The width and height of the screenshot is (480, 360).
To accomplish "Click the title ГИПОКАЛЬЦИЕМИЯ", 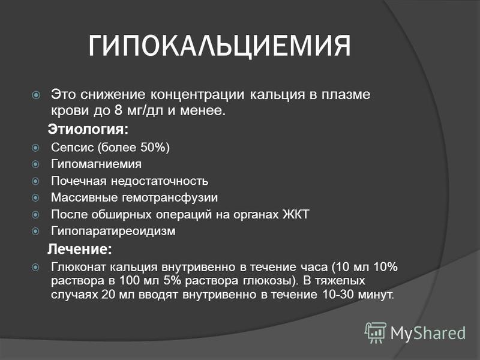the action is click(220, 46).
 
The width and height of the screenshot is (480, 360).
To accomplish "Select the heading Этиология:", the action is click(88, 130).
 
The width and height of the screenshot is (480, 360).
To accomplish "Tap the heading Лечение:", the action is click(80, 249).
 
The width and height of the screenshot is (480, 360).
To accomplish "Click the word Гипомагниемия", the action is click(96, 164).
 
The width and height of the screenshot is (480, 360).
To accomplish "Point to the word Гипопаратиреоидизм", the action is click(113, 231).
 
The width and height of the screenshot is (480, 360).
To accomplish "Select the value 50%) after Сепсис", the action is click(155, 148).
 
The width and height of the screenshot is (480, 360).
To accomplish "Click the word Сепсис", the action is click(72, 148).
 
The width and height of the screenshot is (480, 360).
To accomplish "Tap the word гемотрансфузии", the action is click(170, 198).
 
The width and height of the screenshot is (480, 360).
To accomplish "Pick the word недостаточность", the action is click(160, 181).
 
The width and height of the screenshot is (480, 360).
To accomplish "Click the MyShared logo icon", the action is click(376, 332).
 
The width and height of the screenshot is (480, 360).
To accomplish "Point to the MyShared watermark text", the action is click(428, 333).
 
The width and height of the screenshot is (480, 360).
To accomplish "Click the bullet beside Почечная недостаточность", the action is click(35, 181).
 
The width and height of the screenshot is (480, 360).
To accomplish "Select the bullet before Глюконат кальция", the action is click(35, 268).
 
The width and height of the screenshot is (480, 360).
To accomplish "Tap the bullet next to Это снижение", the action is click(36, 95).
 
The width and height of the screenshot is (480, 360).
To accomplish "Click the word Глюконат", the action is click(79, 267).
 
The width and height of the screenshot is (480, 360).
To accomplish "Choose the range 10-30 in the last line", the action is click(338, 295).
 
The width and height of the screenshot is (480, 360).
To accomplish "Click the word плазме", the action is click(346, 95).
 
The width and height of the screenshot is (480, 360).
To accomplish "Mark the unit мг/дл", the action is click(145, 111).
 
